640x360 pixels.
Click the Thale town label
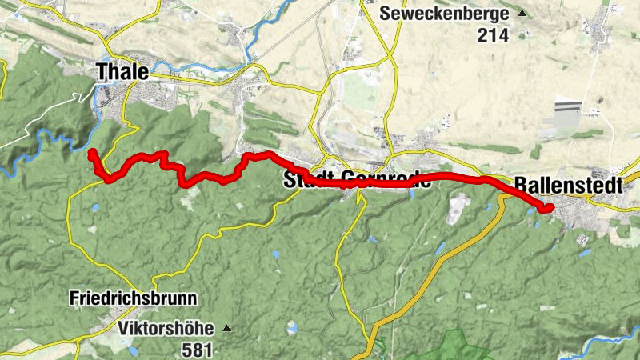click(x=122, y=71)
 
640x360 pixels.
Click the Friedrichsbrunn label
click(x=134, y=299)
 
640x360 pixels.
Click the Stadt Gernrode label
click(x=358, y=180)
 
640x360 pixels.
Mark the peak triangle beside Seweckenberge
click(x=522, y=14)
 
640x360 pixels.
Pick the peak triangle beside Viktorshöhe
click(x=227, y=328)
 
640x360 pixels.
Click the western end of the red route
click(x=92, y=152)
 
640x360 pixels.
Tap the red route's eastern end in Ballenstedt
click(x=550, y=209)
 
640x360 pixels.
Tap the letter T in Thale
click(x=103, y=71)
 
